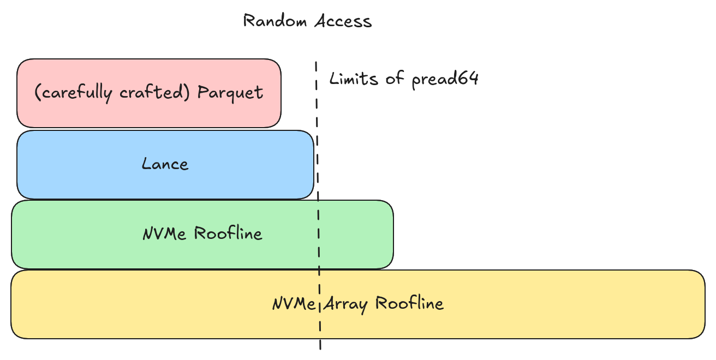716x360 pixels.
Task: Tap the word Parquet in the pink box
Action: pos(230,93)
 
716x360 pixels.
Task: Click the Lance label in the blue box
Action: pos(165,164)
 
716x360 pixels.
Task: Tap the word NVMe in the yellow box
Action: pos(294,304)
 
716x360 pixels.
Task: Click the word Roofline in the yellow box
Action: pos(410,303)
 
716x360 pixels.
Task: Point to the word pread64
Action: pos(445,79)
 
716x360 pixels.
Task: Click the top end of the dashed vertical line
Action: pos(316,63)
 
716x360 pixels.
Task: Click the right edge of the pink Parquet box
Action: pos(281,93)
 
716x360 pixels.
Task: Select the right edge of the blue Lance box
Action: pos(314,164)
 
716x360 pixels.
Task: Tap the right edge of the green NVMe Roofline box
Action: pos(393,234)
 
